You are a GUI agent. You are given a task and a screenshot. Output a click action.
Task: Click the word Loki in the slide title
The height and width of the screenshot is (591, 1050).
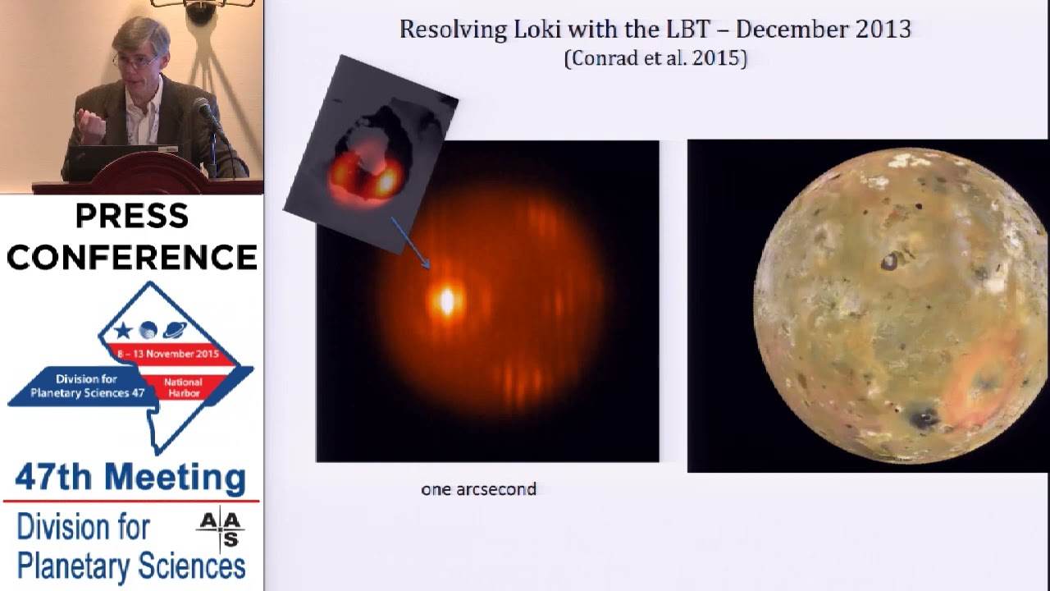[x=536, y=30]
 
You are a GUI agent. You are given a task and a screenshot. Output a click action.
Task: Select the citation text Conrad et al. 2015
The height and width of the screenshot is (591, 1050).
[x=655, y=58]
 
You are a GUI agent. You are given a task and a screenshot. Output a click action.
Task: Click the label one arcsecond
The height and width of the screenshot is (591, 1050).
[x=478, y=489]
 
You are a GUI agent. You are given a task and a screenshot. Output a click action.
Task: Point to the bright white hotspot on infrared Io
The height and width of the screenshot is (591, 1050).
[x=446, y=301]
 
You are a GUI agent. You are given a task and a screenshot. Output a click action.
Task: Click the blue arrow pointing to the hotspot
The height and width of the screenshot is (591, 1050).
[x=410, y=242]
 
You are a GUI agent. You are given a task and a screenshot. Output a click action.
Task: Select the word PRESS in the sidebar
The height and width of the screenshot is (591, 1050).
[x=131, y=217]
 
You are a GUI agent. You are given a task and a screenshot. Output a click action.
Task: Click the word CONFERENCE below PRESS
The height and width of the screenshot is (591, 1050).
[x=131, y=258]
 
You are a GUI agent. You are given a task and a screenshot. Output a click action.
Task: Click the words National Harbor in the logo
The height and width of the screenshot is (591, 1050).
[x=183, y=387]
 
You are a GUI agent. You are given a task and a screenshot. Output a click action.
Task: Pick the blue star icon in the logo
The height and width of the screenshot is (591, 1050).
[x=123, y=331]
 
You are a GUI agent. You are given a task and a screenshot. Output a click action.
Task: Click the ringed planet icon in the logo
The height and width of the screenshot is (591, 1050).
[x=175, y=330]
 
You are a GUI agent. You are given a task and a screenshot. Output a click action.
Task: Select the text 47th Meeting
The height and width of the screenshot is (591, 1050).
[x=130, y=478]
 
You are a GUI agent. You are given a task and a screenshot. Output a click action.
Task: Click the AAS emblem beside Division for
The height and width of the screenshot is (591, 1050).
[x=221, y=529]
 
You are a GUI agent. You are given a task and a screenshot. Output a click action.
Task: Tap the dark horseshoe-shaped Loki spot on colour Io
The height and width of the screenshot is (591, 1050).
[x=889, y=262]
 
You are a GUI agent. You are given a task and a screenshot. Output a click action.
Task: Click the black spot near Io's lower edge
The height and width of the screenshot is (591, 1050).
[x=924, y=419]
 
